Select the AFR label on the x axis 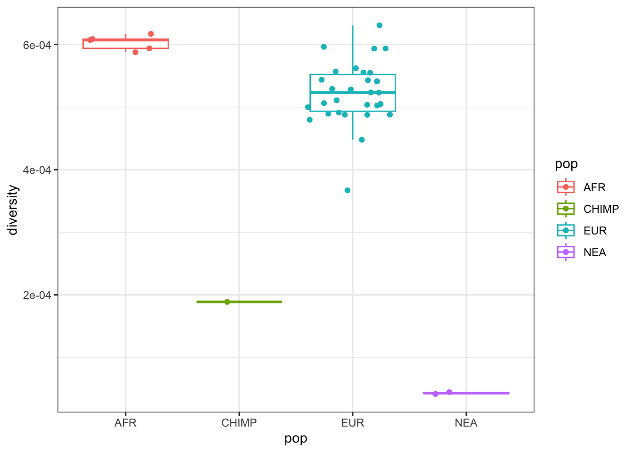click(125, 423)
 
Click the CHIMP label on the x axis click(239, 423)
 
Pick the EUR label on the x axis click(352, 423)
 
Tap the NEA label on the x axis click(466, 423)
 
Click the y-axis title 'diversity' click(13, 210)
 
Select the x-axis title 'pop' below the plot click(296, 438)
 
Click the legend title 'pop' click(566, 164)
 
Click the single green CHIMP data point click(227, 302)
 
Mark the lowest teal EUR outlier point click(348, 190)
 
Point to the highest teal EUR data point click(380, 25)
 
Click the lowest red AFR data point click(136, 52)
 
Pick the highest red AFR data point click(151, 34)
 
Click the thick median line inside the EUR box click(352, 92)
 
